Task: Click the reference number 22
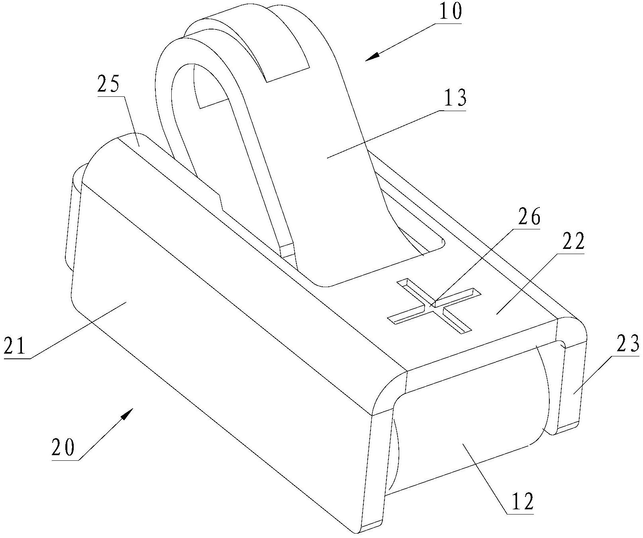click(x=573, y=241)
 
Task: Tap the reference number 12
click(x=521, y=502)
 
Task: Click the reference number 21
click(x=15, y=346)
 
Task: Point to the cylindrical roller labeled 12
click(x=470, y=426)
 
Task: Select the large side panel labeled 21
click(x=223, y=319)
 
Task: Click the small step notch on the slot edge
click(x=220, y=201)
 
